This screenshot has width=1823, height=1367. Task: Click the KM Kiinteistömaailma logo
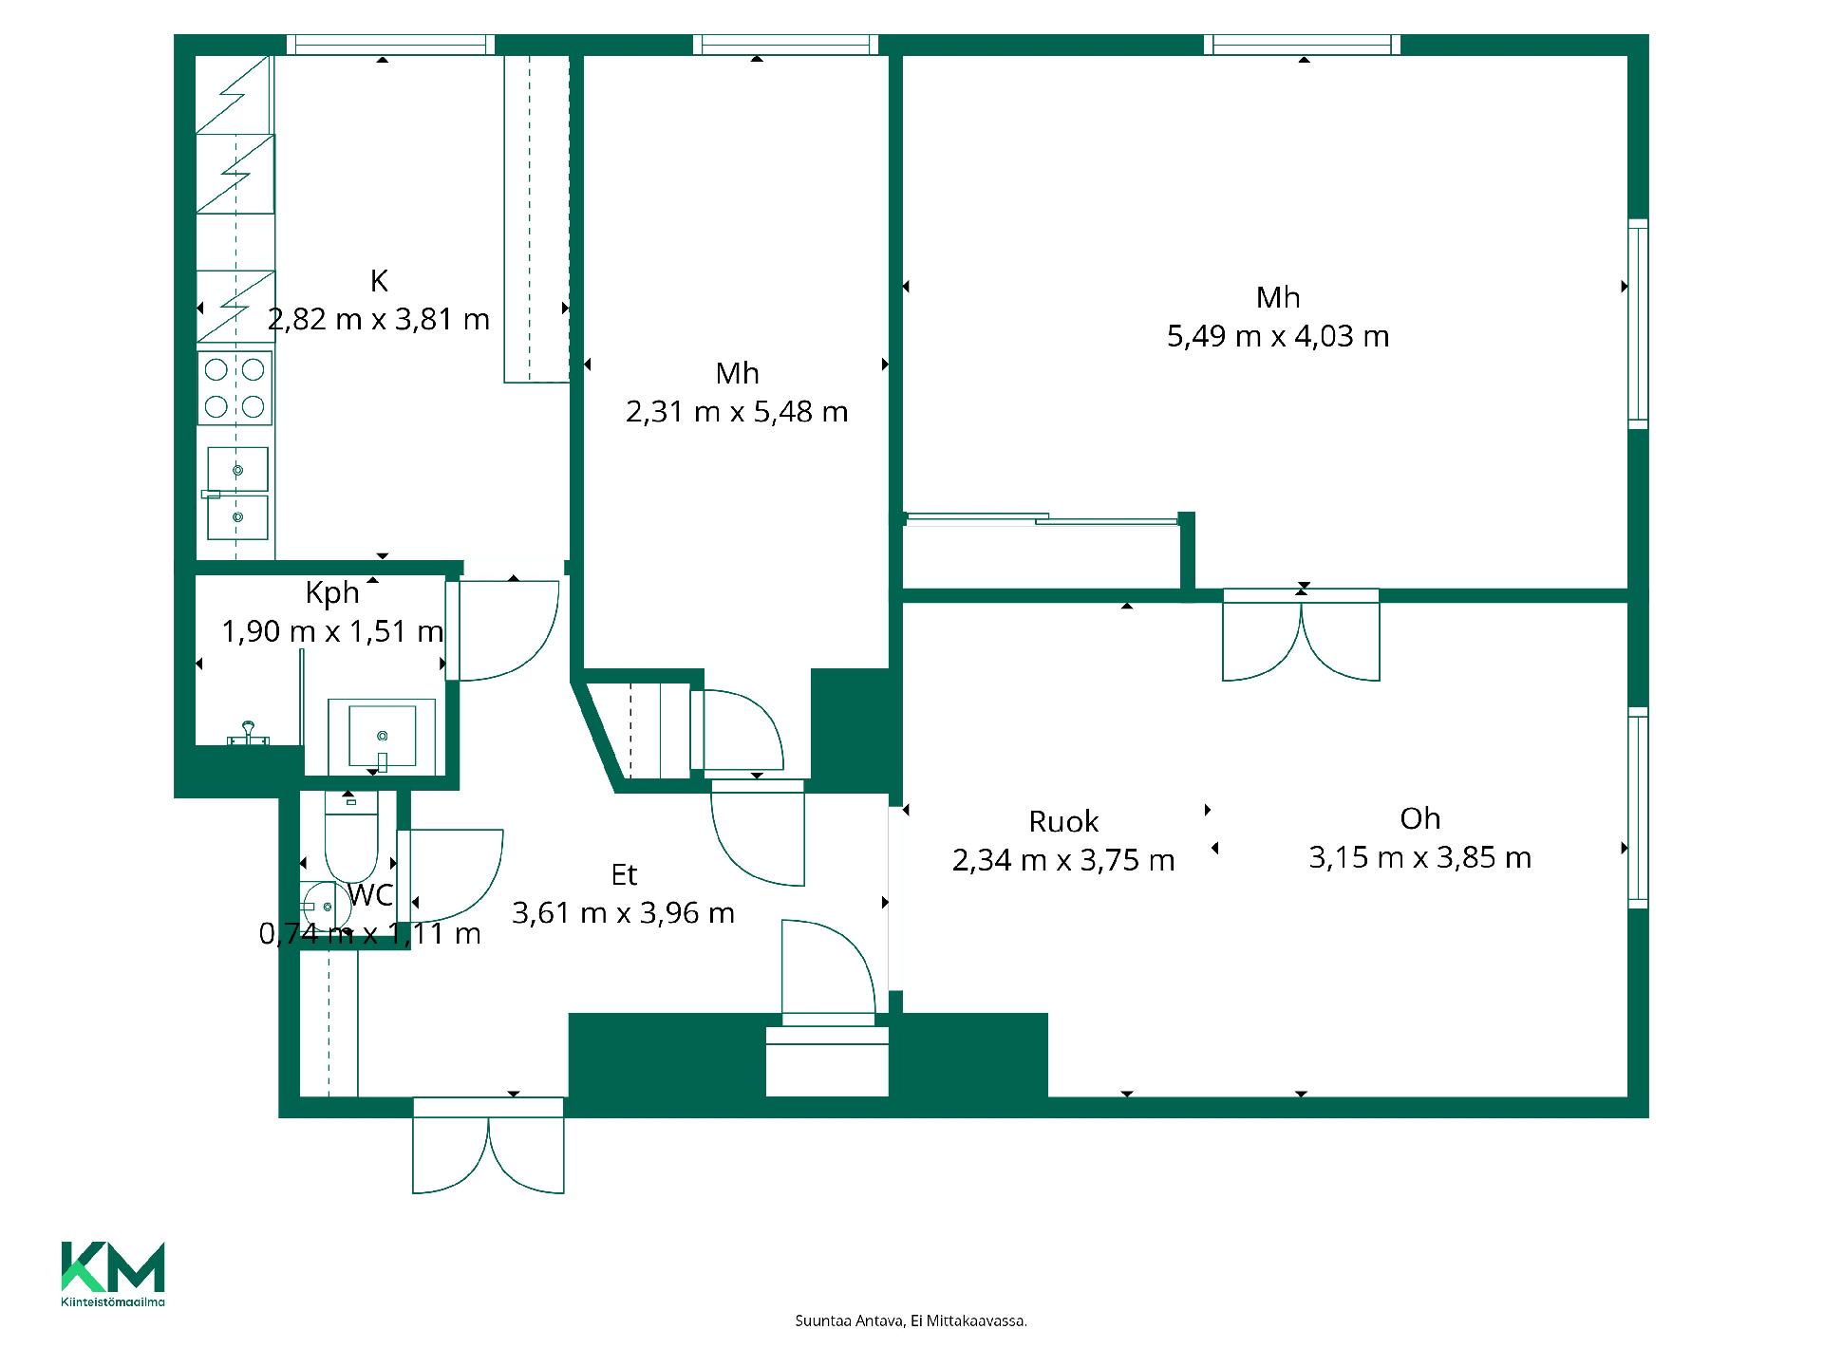[x=113, y=1274]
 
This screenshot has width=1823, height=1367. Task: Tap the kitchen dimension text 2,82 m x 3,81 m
[x=379, y=319]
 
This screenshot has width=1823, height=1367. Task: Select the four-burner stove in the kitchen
[x=235, y=387]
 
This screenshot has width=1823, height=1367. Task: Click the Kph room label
[x=332, y=593]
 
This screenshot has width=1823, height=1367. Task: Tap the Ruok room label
[x=1063, y=821]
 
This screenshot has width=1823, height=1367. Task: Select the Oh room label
[x=1419, y=818]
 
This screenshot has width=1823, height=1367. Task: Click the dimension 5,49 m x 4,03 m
[x=1278, y=336]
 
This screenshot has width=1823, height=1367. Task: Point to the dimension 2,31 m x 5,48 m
[x=737, y=412]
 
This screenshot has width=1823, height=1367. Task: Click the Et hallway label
[x=624, y=874]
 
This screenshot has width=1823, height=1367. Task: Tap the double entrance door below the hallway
[x=488, y=1145]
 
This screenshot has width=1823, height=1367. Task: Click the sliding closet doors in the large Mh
[x=1042, y=518]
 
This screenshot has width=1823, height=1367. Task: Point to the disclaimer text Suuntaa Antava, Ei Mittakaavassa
[x=911, y=1320]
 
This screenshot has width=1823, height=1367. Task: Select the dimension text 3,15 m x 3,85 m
[x=1419, y=858]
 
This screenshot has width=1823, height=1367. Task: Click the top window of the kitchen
[x=390, y=45]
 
